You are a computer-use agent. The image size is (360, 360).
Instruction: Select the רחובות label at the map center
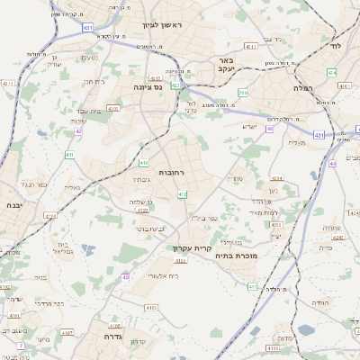(x=172, y=171)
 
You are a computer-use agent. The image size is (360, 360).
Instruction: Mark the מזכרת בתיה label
(x=238, y=256)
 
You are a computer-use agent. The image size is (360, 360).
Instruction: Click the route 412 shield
(x=183, y=194)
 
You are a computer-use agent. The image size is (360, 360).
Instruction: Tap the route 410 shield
(x=144, y=163)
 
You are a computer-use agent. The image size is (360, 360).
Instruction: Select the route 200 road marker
(x=243, y=92)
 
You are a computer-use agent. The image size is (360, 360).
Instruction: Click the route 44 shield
(x=333, y=163)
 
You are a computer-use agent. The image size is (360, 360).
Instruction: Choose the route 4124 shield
(x=49, y=216)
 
